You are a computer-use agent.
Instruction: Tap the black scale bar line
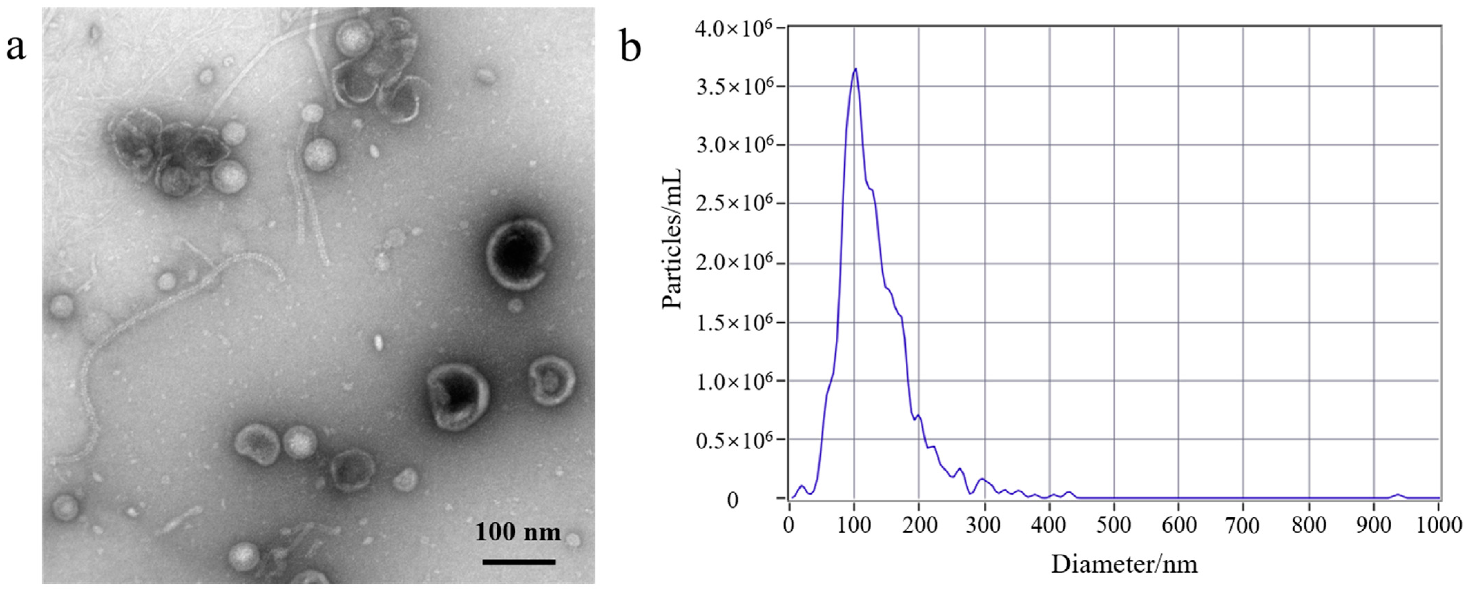(x=518, y=562)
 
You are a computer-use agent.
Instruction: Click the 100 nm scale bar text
(x=518, y=532)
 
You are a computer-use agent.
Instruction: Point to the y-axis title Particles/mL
(x=672, y=239)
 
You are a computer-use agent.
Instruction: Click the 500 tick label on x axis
(x=1114, y=524)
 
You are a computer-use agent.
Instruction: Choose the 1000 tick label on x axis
(x=1438, y=524)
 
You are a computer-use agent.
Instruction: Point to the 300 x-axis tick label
(x=984, y=524)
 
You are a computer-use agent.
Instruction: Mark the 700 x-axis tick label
(x=1244, y=524)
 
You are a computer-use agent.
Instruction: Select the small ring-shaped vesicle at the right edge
(x=551, y=381)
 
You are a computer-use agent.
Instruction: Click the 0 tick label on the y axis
(x=732, y=501)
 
